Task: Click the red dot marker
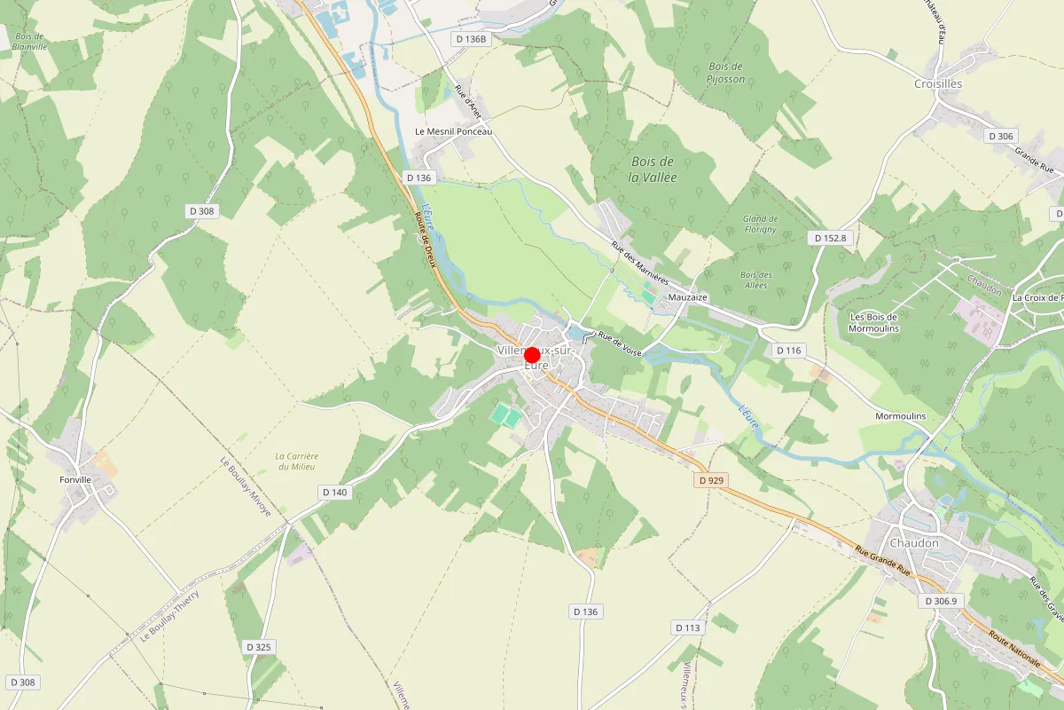pyautogui.click(x=532, y=355)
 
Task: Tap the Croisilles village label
pyautogui.click(x=937, y=83)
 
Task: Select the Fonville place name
pyautogui.click(x=75, y=479)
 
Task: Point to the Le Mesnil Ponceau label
pyautogui.click(x=453, y=131)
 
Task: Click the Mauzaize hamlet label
pyautogui.click(x=688, y=297)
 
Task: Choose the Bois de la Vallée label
pyautogui.click(x=653, y=169)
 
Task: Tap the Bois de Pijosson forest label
pyautogui.click(x=726, y=73)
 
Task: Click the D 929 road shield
pyautogui.click(x=711, y=479)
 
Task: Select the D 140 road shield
pyautogui.click(x=335, y=492)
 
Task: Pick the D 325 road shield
pyautogui.click(x=258, y=647)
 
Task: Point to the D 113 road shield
pyautogui.click(x=688, y=627)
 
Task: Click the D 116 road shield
pyautogui.click(x=788, y=351)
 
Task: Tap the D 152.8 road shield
pyautogui.click(x=831, y=238)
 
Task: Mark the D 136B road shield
pyautogui.click(x=470, y=39)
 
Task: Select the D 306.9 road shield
pyautogui.click(x=942, y=601)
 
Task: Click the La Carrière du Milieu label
pyautogui.click(x=297, y=461)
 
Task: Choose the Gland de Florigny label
pyautogui.click(x=760, y=224)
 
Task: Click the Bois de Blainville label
pyautogui.click(x=29, y=41)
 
